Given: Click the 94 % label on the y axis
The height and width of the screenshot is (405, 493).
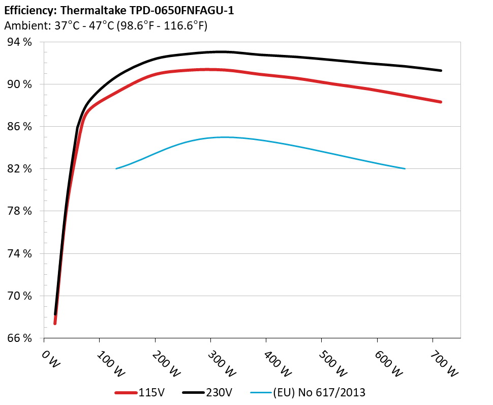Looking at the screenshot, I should pyautogui.click(x=19, y=42).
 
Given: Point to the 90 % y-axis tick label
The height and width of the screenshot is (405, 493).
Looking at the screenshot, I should pyautogui.click(x=19, y=84).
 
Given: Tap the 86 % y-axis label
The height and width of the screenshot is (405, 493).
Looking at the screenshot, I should pyautogui.click(x=19, y=127).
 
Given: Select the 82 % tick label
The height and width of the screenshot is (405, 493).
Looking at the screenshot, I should pyautogui.click(x=19, y=169).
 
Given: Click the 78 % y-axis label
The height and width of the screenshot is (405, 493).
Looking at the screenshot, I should pyautogui.click(x=19, y=211).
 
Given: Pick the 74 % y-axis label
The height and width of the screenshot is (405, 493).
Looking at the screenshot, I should pyautogui.click(x=19, y=253).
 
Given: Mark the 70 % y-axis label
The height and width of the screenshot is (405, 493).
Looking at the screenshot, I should pyautogui.click(x=19, y=296).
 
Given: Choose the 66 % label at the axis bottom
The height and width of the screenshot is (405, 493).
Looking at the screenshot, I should pyautogui.click(x=19, y=338).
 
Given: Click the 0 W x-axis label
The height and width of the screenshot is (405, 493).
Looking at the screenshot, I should pyautogui.click(x=49, y=357).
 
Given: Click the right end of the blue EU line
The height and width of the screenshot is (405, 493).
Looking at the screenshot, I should pyautogui.click(x=405, y=168).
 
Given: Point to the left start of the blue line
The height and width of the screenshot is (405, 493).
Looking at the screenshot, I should pyautogui.click(x=116, y=168).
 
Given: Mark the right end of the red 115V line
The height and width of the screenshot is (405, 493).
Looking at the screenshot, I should pyautogui.click(x=441, y=102).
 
